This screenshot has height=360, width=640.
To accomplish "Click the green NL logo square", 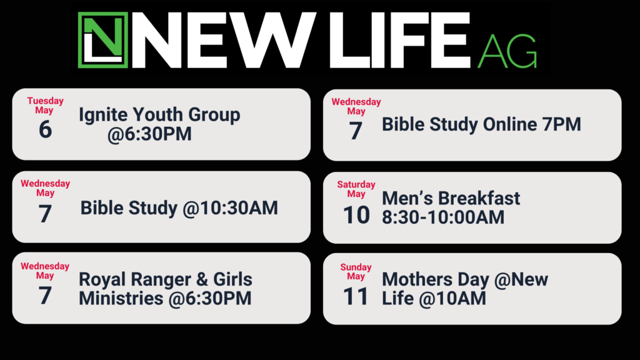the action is pyautogui.click(x=103, y=40).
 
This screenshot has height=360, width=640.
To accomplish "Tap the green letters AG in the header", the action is pyautogui.click(x=507, y=51).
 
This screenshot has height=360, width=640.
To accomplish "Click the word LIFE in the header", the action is pyautogui.click(x=400, y=40).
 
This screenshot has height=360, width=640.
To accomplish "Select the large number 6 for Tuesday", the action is pyautogui.click(x=45, y=129).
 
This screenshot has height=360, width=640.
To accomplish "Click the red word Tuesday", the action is pyautogui.click(x=45, y=101).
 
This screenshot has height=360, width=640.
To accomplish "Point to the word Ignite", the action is pyautogui.click(x=103, y=115).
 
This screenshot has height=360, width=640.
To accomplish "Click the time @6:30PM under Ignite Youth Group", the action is pyautogui.click(x=149, y=134).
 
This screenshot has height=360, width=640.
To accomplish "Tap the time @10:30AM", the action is pyautogui.click(x=230, y=207).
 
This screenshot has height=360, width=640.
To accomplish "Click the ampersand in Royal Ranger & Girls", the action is pyautogui.click(x=202, y=279).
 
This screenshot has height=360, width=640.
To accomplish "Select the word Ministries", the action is pyautogui.click(x=121, y=298).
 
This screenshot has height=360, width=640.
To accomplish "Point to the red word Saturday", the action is pyautogui.click(x=356, y=184).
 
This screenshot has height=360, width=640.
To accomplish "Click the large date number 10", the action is pyautogui.click(x=356, y=215).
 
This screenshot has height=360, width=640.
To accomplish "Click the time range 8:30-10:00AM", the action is pyautogui.click(x=443, y=217).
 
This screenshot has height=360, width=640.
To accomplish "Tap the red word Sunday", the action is pyautogui.click(x=356, y=267).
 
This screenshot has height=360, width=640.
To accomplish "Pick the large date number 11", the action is pyautogui.click(x=356, y=297).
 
